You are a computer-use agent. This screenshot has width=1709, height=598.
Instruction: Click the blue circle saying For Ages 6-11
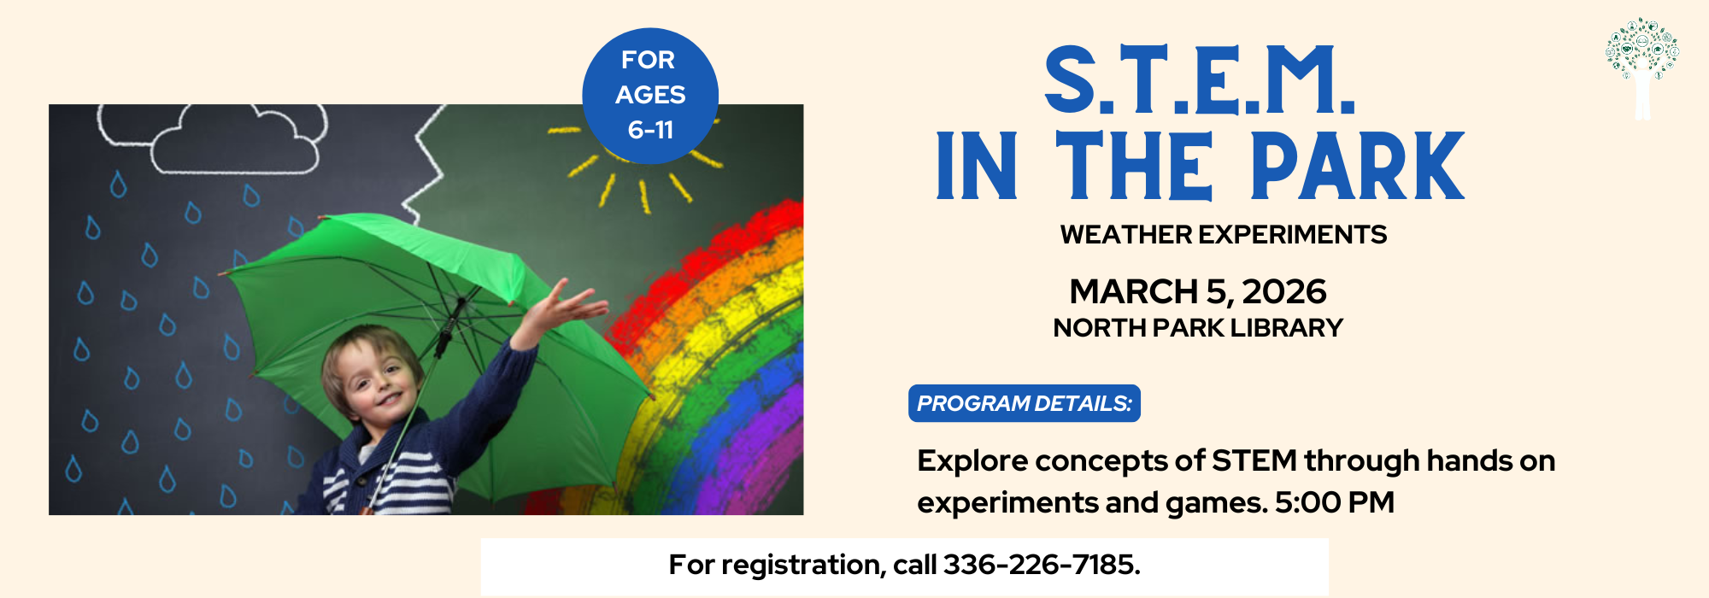tap(650, 96)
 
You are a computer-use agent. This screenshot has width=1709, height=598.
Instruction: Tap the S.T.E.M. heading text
tap(1200, 80)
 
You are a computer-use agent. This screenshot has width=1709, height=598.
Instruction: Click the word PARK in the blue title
tap(1358, 166)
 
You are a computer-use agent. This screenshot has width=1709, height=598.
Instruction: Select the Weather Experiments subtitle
tap(1224, 235)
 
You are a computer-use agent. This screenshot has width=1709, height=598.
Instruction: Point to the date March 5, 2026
tap(1198, 292)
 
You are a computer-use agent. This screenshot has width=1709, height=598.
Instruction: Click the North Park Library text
tap(1198, 328)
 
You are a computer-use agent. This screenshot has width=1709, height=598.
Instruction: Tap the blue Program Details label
tap(1025, 403)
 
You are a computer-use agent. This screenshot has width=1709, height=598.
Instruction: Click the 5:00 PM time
tap(1335, 502)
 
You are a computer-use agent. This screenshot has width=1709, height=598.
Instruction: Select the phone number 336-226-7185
tap(1042, 565)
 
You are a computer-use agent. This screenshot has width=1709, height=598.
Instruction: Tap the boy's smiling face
tap(373, 381)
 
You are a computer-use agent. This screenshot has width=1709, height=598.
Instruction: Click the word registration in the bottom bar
tap(799, 566)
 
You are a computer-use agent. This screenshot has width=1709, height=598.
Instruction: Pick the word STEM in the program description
tap(1254, 460)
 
